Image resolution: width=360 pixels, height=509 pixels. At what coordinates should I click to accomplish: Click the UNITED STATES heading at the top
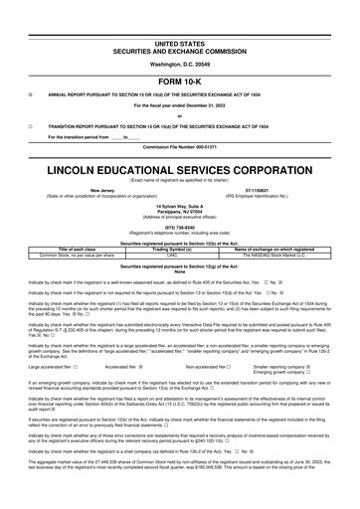coord(180,44)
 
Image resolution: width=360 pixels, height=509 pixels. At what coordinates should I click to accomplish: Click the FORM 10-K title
coord(180,82)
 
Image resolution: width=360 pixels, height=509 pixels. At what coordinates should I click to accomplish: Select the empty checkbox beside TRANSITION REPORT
coord(31,127)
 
